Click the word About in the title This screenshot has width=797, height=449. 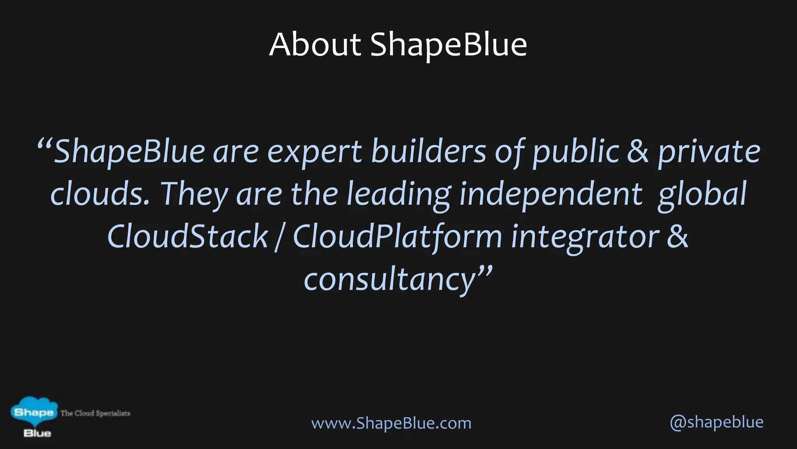pos(315,45)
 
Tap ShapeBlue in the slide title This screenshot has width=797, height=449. pos(448,46)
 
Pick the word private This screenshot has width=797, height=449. pos(709,152)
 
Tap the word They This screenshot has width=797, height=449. pos(194,194)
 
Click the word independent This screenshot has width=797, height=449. pos(551,194)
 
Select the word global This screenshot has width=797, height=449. pos(702,194)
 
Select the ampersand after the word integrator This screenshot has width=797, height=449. pos(678,237)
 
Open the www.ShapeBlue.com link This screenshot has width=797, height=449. pos(391,423)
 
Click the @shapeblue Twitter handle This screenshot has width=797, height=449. pos(716,422)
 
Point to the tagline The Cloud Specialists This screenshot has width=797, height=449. pos(95,413)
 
